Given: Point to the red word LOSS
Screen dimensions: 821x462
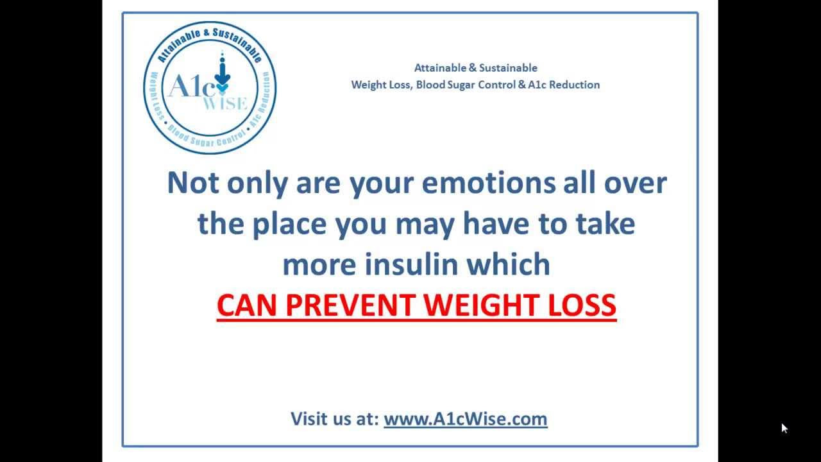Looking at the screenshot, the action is pos(582,305).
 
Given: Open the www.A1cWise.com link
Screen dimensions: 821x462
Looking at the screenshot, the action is pos(466,419).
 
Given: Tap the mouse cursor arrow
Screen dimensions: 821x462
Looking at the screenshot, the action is pos(784,428).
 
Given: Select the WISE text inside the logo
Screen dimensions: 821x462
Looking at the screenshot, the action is pos(225,103).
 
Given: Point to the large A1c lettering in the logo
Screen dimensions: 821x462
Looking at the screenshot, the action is pos(192,86).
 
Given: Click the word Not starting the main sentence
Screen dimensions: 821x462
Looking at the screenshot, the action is pos(193,183).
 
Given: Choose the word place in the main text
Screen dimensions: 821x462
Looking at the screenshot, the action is pos(289,224).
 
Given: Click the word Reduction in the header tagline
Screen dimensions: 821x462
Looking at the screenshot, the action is pos(574,85).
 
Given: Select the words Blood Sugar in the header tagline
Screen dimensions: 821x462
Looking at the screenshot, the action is pos(445,85).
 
